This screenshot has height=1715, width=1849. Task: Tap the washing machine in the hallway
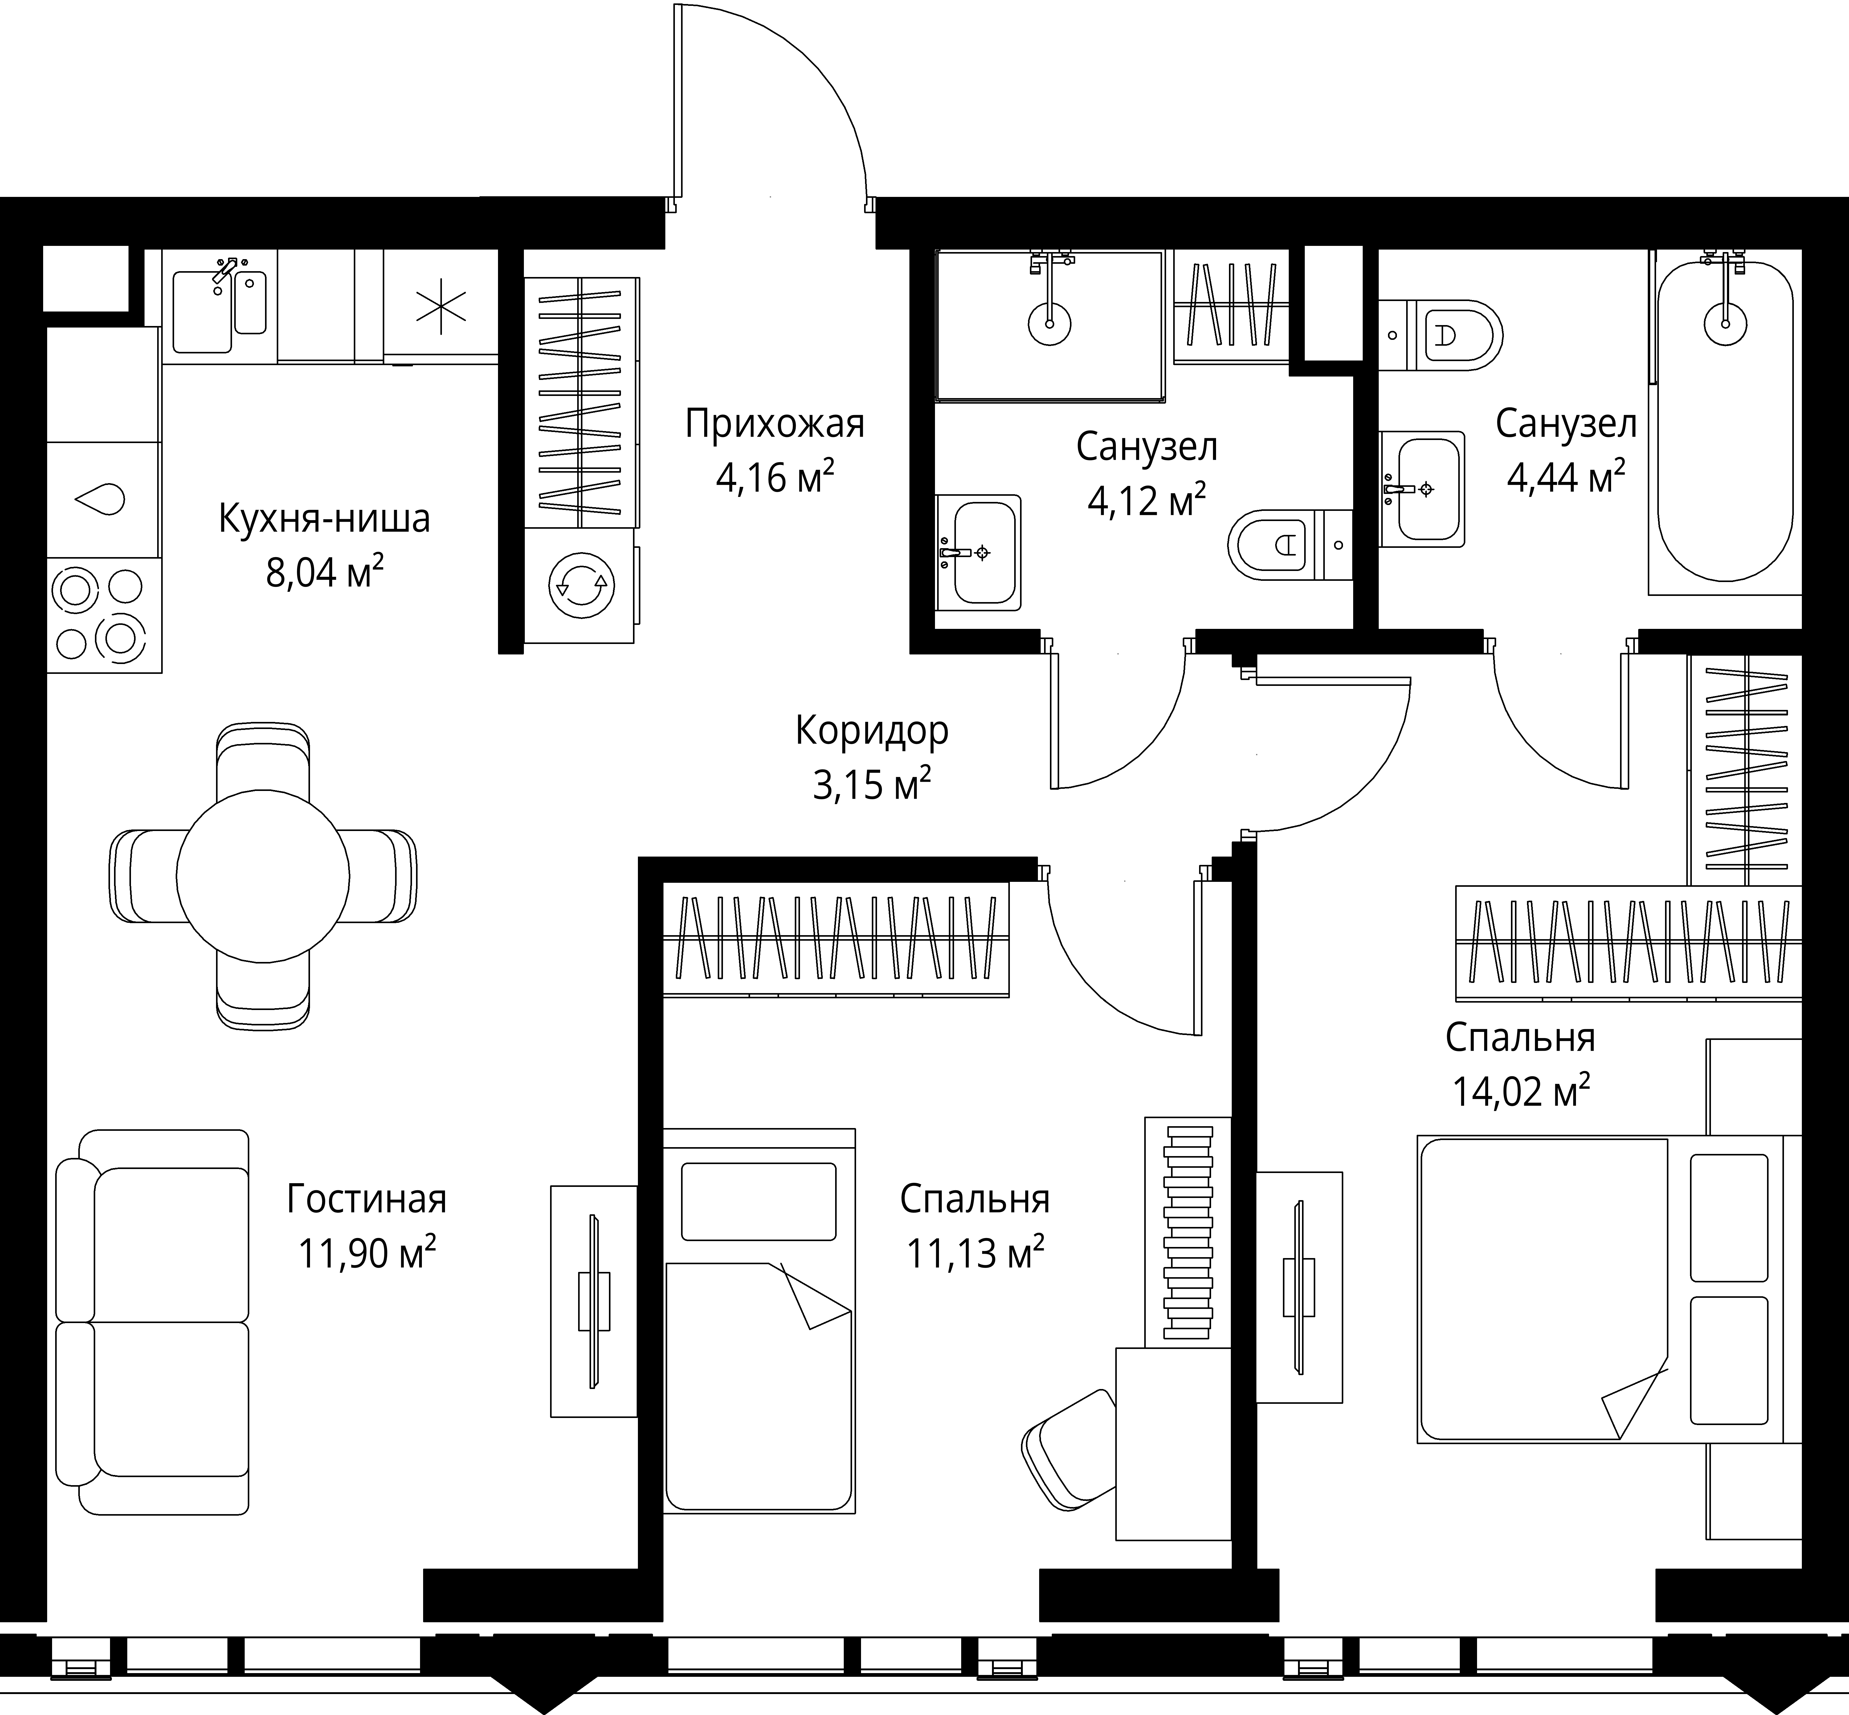(580, 585)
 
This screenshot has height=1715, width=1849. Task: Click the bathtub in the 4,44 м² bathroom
(1725, 422)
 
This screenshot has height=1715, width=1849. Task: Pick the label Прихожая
(775, 424)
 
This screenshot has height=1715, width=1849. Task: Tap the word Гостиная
(367, 1198)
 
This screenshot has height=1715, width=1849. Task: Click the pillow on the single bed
(758, 1202)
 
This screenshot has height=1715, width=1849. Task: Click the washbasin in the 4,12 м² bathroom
(978, 552)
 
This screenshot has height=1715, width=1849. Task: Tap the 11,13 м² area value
(975, 1254)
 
